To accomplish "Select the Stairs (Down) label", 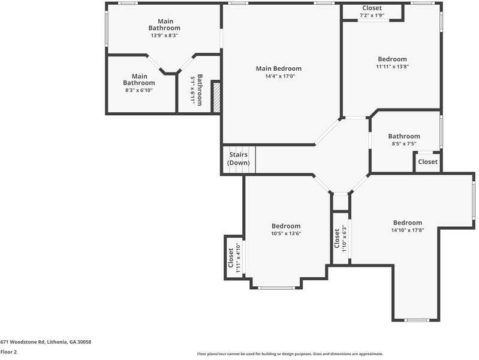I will pyautogui.click(x=238, y=159).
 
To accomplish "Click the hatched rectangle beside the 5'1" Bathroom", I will pyautogui.click(x=217, y=98).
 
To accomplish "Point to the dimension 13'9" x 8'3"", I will pyautogui.click(x=164, y=35).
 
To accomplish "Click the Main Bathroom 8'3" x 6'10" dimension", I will pyautogui.click(x=139, y=90).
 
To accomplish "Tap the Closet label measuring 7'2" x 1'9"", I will pyautogui.click(x=372, y=8).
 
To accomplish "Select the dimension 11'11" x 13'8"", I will pyautogui.click(x=392, y=67).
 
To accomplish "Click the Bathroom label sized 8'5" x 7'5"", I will pyautogui.click(x=404, y=136).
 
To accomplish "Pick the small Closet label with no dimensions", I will pyautogui.click(x=427, y=162).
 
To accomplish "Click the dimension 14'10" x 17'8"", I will pyautogui.click(x=408, y=230).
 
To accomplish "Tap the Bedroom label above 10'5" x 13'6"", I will pyautogui.click(x=286, y=226).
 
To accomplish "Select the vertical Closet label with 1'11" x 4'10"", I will pyautogui.click(x=230, y=258).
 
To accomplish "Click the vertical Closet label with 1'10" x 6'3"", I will pyautogui.click(x=337, y=237).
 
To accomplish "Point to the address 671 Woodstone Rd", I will pyautogui.click(x=46, y=341).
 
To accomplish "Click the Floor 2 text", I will pyautogui.click(x=8, y=352).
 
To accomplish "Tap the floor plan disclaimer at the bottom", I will pyautogui.click(x=290, y=354).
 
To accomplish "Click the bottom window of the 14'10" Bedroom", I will pyautogui.click(x=417, y=320).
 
